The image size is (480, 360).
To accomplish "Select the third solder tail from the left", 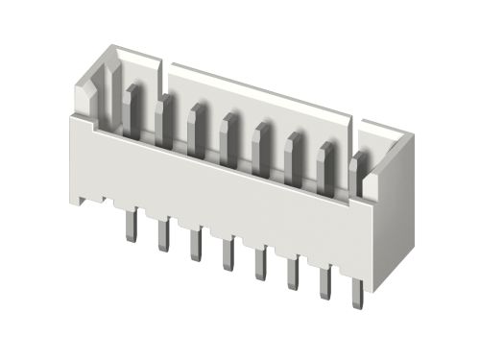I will click(x=195, y=243).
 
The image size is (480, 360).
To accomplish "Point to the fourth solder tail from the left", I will click(x=228, y=252).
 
